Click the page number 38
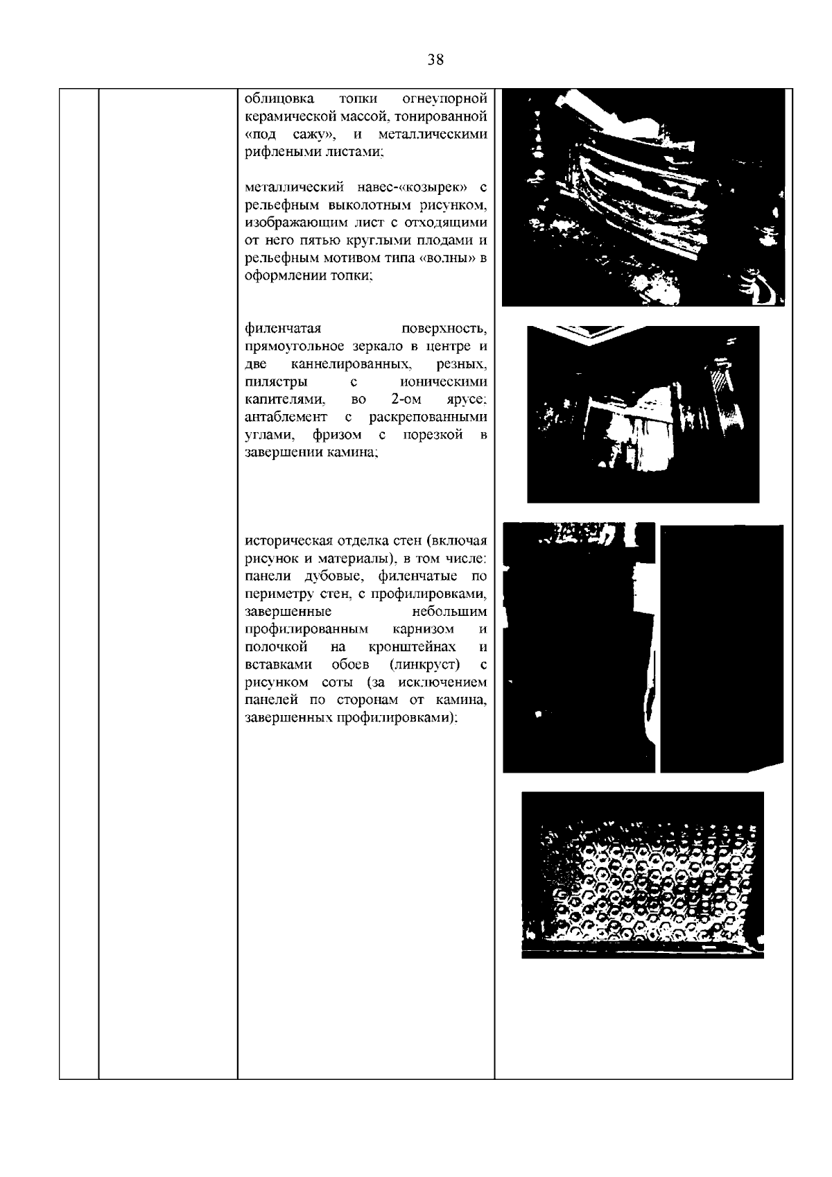coord(435,60)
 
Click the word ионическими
coord(444,382)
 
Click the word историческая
coord(290,541)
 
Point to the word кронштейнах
coord(412,647)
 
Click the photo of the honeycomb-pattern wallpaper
coord(642,875)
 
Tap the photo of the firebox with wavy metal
coord(643,198)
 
